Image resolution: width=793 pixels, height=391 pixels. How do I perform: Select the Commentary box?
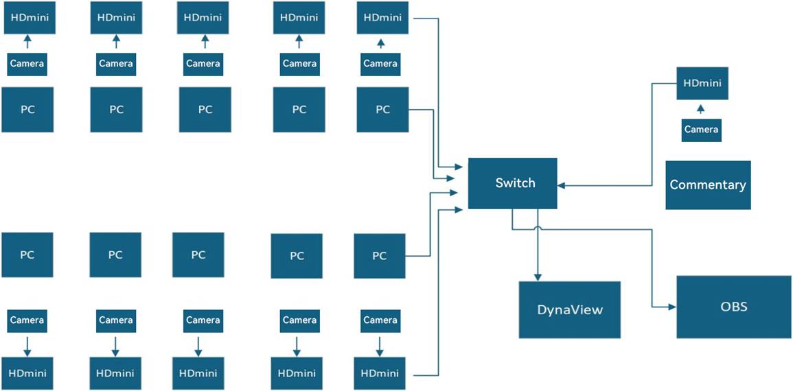pos(708,185)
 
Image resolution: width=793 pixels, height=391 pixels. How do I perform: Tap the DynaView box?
pos(569,309)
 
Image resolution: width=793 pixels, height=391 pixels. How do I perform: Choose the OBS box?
pos(733,307)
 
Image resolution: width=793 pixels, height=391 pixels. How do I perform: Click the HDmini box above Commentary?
pos(702,83)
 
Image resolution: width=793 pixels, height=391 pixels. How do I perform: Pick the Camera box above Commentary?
pos(701,130)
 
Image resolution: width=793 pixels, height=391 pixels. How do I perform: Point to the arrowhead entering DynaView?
pos(537,276)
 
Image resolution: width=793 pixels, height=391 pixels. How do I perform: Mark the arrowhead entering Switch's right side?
pos(562,185)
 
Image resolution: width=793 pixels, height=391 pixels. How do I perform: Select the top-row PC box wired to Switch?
pos(382,109)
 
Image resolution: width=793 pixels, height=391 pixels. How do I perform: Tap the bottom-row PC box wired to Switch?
pos(380,256)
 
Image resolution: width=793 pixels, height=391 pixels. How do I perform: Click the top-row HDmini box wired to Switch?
pos(383,17)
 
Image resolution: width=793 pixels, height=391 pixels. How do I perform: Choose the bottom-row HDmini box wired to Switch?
pos(380,373)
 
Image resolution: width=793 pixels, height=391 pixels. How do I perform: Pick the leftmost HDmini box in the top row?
pos(30,17)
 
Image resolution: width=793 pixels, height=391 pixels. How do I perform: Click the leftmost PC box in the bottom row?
pos(27,254)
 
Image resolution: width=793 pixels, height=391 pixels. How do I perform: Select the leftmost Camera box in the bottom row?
pos(27,320)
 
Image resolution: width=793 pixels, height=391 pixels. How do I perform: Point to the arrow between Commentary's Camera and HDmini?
pos(700,109)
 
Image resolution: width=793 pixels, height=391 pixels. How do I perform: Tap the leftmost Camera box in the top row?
pos(27,64)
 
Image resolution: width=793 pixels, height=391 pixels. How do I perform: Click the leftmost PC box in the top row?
pos(27,109)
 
